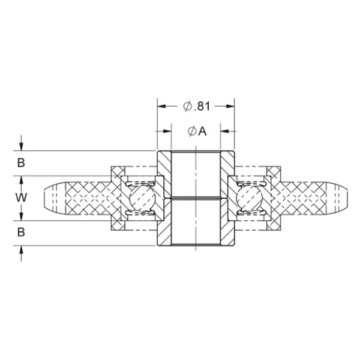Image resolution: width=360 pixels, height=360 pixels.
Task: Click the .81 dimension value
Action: pyautogui.click(x=202, y=106)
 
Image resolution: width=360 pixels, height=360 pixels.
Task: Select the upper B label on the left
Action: pyautogui.click(x=21, y=163)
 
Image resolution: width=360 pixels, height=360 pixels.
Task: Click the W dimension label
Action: pyautogui.click(x=21, y=197)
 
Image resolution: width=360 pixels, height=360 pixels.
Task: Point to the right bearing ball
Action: pyautogui.click(x=248, y=197)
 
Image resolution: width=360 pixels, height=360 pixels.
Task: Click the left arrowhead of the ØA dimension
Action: pyautogui.click(x=167, y=131)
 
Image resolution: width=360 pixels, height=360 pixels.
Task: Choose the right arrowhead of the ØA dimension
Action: pyautogui.click(x=224, y=131)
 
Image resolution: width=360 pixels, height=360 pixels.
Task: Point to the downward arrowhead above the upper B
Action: pyautogui.click(x=22, y=146)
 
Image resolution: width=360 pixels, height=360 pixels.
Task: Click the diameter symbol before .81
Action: pyautogui.click(x=187, y=106)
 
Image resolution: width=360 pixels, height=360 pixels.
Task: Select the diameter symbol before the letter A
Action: pyautogui.click(x=191, y=131)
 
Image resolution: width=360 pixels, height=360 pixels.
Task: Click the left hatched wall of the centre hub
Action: pyautogui.click(x=164, y=197)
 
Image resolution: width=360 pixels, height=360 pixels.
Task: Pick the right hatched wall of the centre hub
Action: pyautogui.click(x=227, y=197)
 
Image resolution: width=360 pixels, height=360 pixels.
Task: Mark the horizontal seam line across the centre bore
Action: pyautogui.click(x=196, y=197)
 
